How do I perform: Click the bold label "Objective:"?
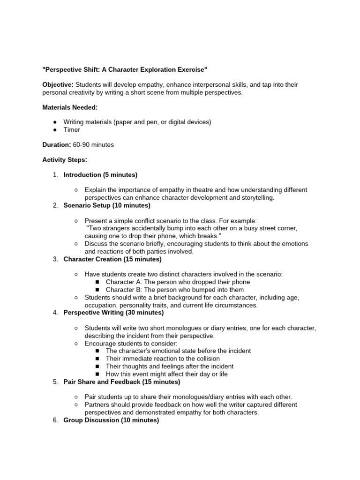[58, 84]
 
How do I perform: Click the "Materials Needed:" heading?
[70, 107]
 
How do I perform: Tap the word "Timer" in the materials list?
[72, 130]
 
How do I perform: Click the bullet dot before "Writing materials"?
[55, 122]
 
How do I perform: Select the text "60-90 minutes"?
[93, 145]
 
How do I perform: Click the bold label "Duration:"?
[57, 145]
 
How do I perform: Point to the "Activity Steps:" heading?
[65, 160]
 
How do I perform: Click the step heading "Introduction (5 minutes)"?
[100, 175]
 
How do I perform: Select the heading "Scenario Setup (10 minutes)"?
[107, 205]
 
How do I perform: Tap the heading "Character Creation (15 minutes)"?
[112, 259]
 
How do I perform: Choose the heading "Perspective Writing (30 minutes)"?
[113, 313]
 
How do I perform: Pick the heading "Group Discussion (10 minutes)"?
[111, 420]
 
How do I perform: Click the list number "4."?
[55, 313]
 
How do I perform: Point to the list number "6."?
[55, 420]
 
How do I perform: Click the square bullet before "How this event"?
[97, 374]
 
